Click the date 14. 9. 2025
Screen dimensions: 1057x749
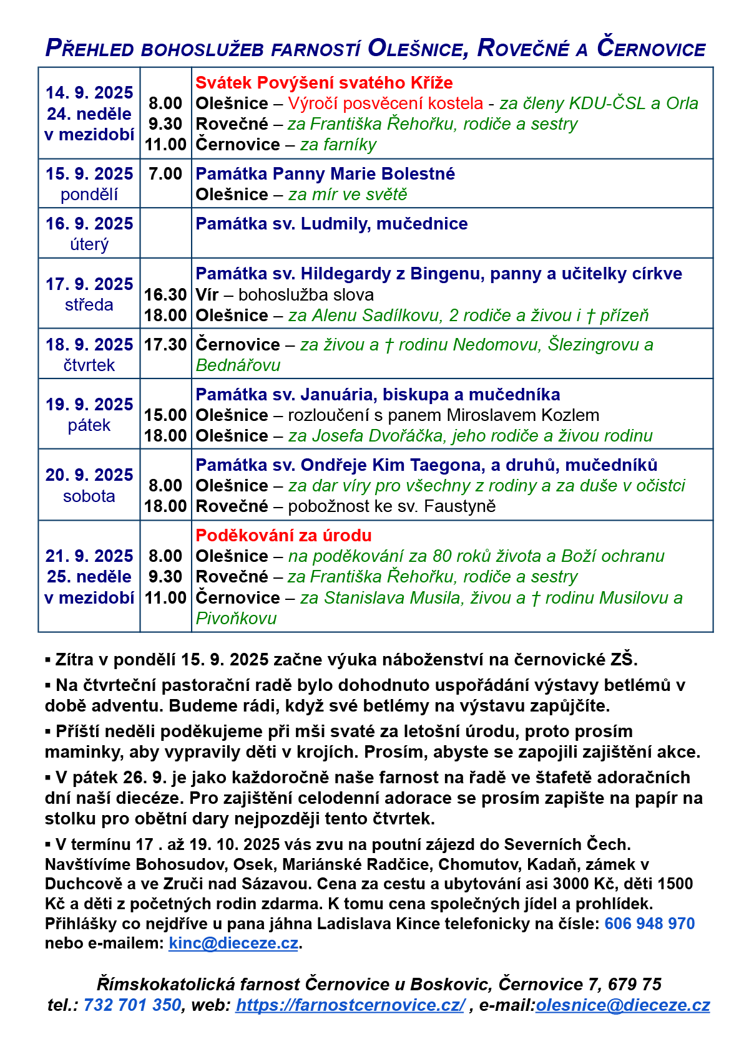(89, 93)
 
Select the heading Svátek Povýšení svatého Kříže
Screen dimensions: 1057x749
(324, 83)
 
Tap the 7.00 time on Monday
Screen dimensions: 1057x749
(165, 174)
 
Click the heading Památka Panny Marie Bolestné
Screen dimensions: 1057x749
(325, 174)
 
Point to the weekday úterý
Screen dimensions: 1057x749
(89, 244)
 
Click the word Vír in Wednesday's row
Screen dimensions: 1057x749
(206, 295)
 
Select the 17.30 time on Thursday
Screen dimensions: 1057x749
(165, 345)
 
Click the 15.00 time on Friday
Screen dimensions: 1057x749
(165, 415)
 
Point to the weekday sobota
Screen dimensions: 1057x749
(89, 496)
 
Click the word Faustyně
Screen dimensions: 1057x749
(459, 506)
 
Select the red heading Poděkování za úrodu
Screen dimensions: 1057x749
(283, 536)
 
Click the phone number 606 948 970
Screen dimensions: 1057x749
(649, 924)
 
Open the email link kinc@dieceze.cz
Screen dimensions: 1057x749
(233, 944)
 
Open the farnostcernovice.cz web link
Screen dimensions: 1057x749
(350, 1005)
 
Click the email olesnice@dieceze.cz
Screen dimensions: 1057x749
(622, 1005)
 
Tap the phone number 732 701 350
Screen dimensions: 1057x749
(132, 1005)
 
